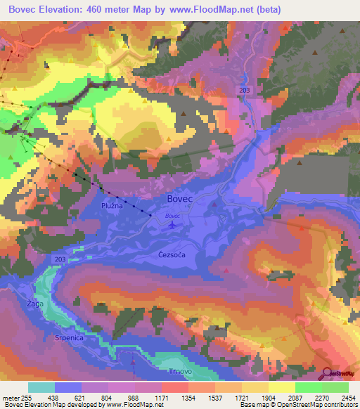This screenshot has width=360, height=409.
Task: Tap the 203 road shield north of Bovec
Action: tap(244, 91)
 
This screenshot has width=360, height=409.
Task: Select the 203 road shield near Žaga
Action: tap(59, 260)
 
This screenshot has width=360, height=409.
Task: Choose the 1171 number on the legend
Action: tap(163, 397)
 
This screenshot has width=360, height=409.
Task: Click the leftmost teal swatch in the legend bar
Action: tap(41, 387)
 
